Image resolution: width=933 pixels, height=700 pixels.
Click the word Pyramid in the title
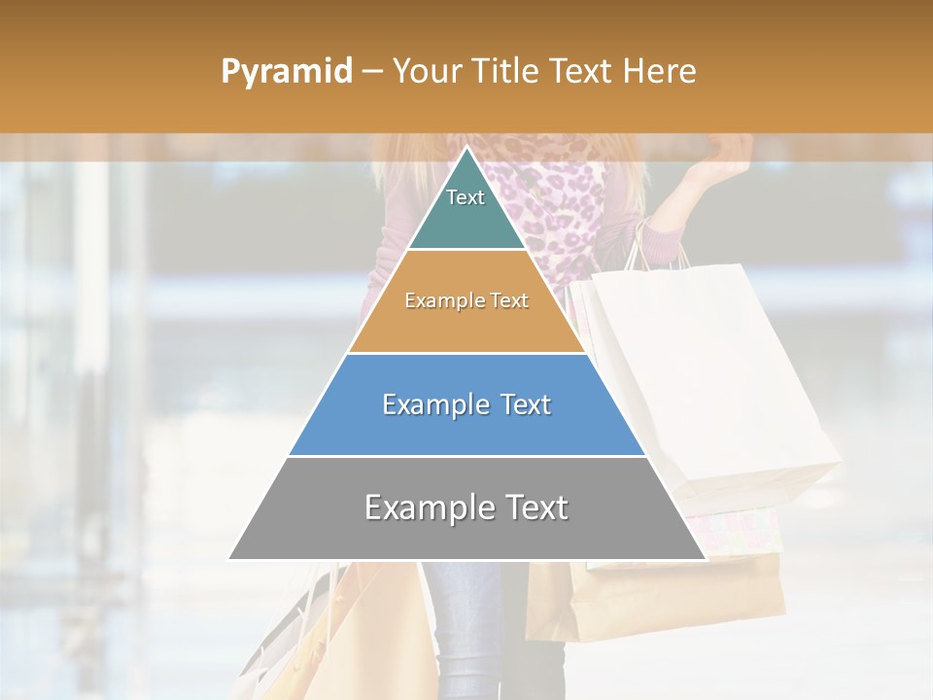[x=287, y=72]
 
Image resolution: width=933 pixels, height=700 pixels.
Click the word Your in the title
[x=427, y=71]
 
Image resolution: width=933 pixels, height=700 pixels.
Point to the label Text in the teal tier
[x=466, y=197]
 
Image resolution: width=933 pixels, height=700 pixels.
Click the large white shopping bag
[x=719, y=379]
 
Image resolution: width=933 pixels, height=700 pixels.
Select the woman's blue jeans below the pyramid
[x=466, y=603]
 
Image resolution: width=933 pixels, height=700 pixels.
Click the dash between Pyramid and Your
[x=371, y=72]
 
